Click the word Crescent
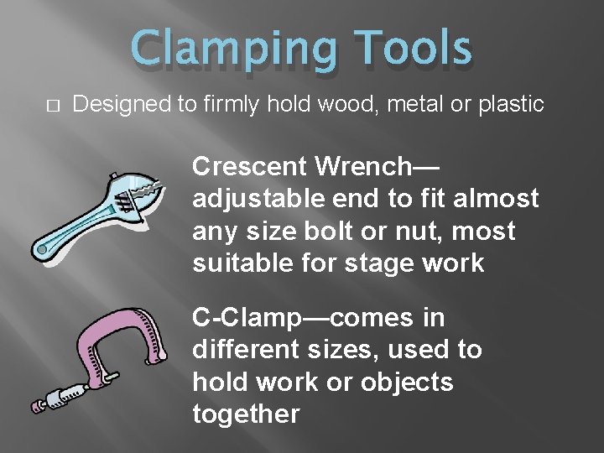pos(250,166)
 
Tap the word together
pos(246,414)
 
